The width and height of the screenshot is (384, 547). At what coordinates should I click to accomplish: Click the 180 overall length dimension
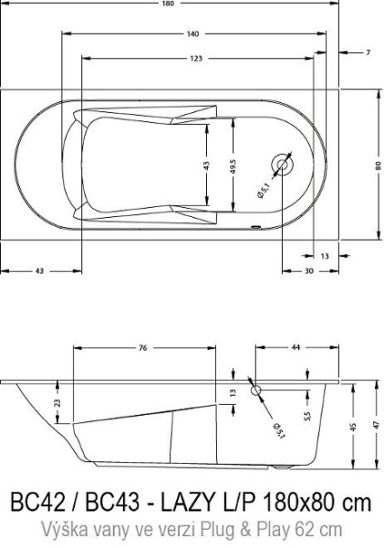point(168,4)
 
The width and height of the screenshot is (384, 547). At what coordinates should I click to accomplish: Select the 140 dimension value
point(192,34)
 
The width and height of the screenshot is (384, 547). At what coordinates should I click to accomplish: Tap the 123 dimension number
point(196,58)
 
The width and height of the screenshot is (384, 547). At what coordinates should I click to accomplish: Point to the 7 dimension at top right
point(368,53)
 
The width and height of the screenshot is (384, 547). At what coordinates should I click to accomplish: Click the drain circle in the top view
point(283,165)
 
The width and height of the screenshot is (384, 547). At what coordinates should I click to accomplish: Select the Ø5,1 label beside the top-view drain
point(264,191)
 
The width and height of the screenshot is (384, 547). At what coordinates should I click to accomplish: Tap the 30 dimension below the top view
point(309,271)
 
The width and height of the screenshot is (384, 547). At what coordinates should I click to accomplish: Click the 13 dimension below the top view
point(325,256)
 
